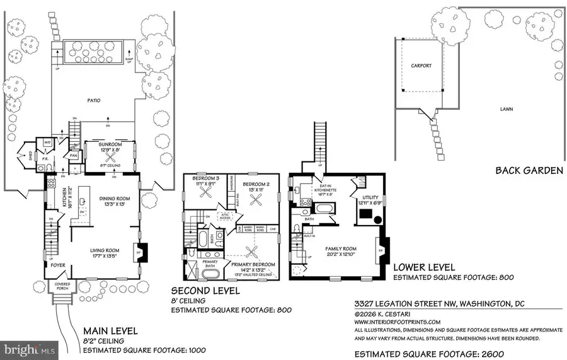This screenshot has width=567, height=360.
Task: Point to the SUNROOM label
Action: (x=110, y=144)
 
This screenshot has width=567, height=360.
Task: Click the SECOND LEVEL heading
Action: (x=207, y=291)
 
